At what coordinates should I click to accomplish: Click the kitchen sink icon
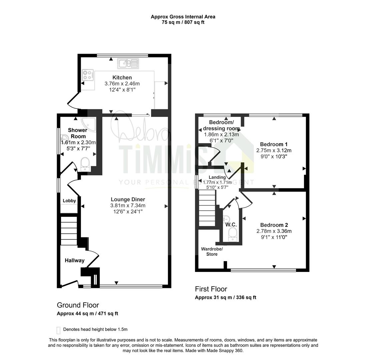click(128, 64)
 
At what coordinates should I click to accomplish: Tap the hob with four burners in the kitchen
click(88, 75)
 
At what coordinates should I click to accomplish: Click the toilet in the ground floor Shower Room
click(85, 164)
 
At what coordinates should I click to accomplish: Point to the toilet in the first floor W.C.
click(232, 235)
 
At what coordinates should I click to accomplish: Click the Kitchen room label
click(122, 78)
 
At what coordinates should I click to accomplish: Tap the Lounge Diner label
click(128, 199)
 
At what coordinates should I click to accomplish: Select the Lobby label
click(69, 201)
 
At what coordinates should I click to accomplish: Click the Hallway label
click(75, 261)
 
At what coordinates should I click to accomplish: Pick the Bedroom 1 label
click(274, 144)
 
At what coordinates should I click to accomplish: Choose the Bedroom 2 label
click(274, 225)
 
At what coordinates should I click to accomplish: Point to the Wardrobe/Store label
click(212, 252)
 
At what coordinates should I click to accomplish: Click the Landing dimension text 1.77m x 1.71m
click(217, 182)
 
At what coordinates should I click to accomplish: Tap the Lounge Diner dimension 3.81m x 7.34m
click(128, 206)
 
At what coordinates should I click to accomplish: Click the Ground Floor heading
click(78, 305)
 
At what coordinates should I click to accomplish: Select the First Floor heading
click(211, 289)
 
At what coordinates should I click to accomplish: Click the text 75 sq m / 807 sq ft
click(183, 22)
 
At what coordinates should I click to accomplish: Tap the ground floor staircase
click(69, 231)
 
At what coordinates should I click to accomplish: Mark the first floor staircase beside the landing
click(207, 208)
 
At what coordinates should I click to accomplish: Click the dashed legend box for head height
click(58, 330)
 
